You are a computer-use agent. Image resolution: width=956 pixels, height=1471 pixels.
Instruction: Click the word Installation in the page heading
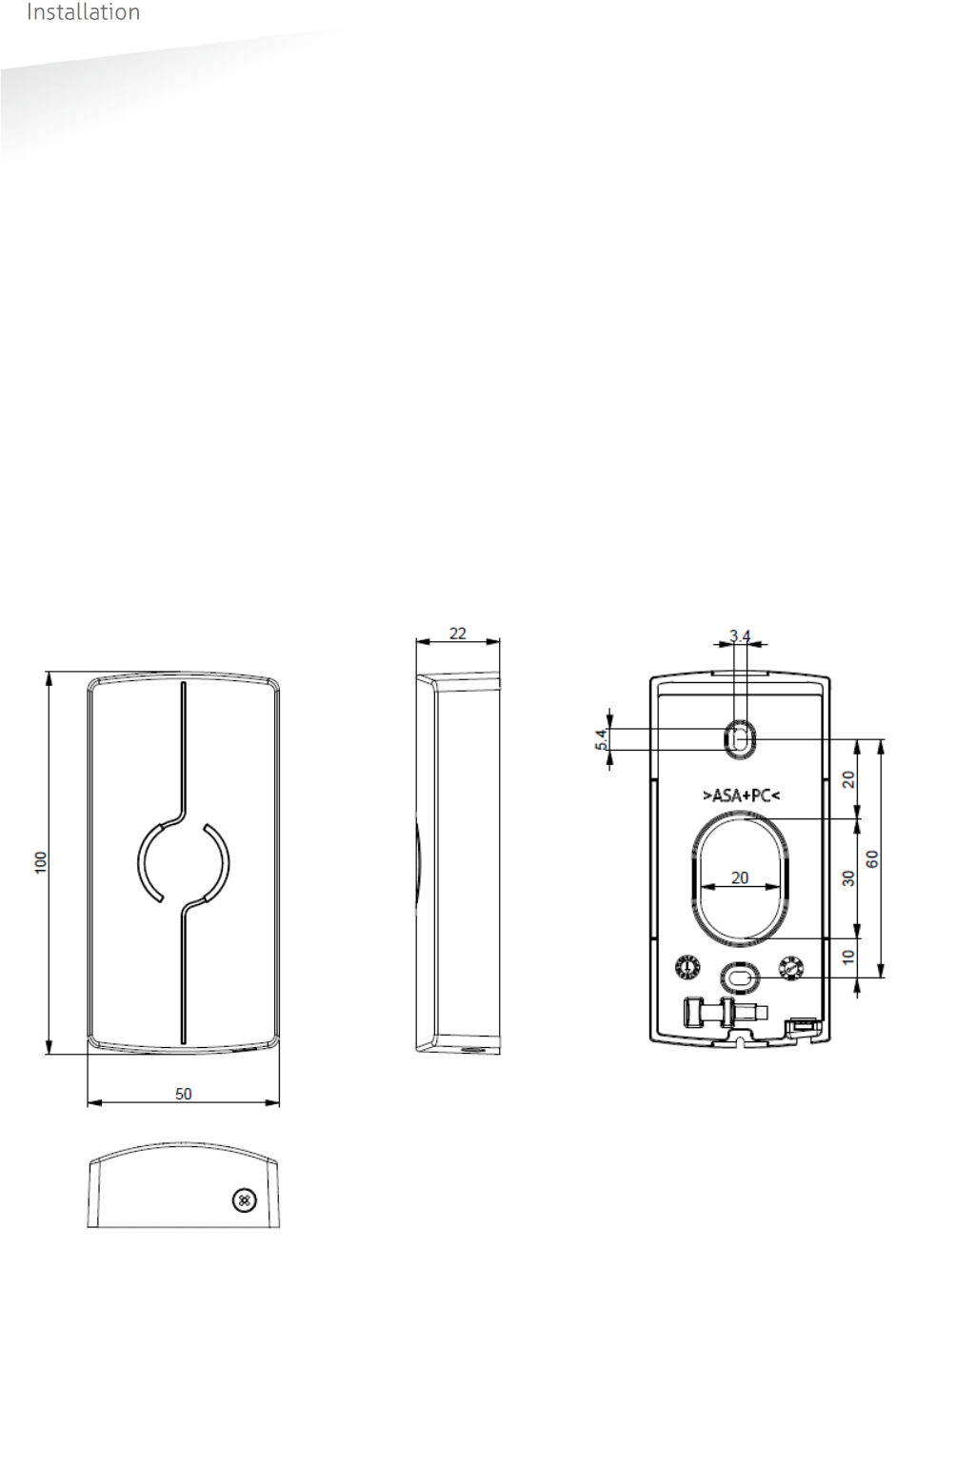point(83,11)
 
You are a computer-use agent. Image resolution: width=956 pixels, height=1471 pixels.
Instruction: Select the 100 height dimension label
point(41,862)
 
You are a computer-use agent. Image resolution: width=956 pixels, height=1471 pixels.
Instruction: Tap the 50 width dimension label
point(183,1094)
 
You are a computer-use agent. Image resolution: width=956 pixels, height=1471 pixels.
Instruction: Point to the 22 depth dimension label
point(457,633)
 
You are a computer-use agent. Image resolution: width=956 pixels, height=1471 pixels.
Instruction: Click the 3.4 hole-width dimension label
point(740,635)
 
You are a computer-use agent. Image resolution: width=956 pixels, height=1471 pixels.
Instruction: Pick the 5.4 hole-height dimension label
point(601,739)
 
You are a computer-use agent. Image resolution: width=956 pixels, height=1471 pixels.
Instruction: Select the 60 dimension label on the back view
point(872,859)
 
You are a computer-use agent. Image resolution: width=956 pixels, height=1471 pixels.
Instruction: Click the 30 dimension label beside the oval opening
point(848,878)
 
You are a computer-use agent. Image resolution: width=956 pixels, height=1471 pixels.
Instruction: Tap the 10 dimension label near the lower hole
point(848,957)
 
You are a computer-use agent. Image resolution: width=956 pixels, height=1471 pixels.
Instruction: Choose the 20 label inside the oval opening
point(740,877)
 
